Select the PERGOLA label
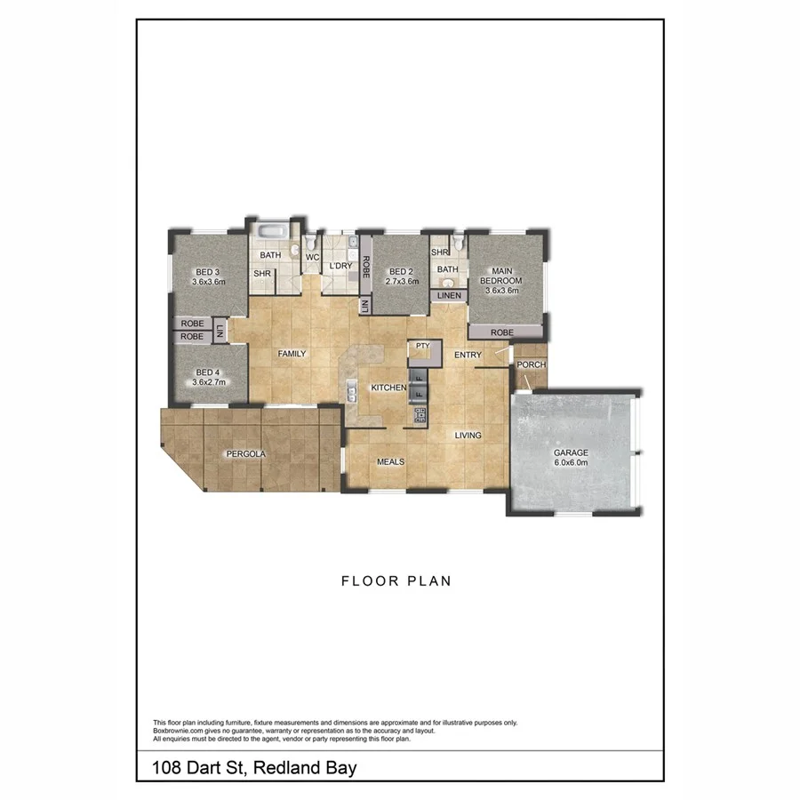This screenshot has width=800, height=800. coord(245,453)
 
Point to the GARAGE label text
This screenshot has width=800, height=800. coord(572,452)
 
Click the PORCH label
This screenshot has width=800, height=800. coord(532,364)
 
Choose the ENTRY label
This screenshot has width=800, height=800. coord(468,355)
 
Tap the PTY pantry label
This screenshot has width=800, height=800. coord(423,345)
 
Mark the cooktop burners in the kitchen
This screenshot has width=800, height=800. coord(420,413)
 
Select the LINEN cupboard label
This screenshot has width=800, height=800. coord(449,295)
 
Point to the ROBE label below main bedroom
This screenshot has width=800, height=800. coord(502,332)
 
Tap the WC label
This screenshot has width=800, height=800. coord(312,257)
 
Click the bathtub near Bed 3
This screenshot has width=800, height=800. coord(271,234)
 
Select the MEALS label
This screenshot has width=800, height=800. coord(391,461)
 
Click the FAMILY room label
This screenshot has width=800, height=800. coord(292,354)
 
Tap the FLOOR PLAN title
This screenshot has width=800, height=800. coord(396,581)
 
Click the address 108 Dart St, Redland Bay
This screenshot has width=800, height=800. coord(254,766)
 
